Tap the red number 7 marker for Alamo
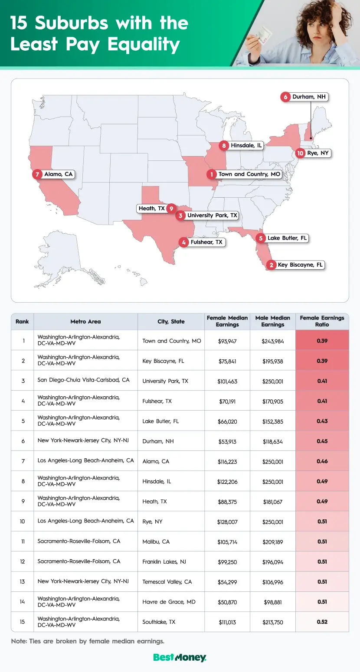tap(38, 174)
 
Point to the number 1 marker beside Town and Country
tap(211, 174)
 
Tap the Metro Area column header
tap(85, 322)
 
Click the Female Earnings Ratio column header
tap(322, 321)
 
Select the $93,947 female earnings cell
tap(227, 341)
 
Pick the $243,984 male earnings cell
tap(273, 341)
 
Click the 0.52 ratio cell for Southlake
tap(322, 622)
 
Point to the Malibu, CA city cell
tap(156, 542)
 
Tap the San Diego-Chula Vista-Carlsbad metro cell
tap(83, 380)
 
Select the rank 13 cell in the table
tap(22, 581)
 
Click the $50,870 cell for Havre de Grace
tap(227, 602)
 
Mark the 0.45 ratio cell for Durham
tap(322, 441)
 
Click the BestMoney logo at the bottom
tap(180, 658)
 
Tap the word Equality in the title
tap(138, 45)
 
